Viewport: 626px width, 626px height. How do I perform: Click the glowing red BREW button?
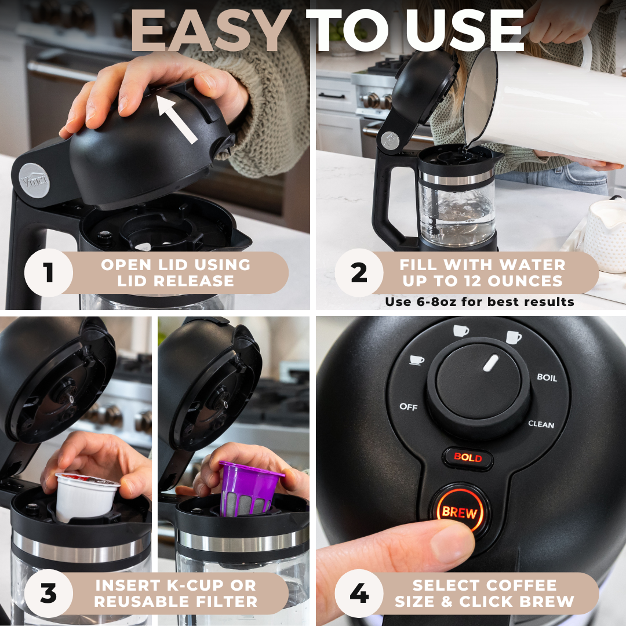click(x=460, y=512)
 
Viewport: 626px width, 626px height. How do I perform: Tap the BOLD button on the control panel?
click(x=468, y=457)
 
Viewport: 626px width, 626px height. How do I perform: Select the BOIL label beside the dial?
click(x=547, y=377)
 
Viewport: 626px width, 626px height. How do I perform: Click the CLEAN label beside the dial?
click(x=541, y=424)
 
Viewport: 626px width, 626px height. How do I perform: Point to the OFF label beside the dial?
click(x=409, y=407)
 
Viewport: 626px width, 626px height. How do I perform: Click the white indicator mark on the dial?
click(x=491, y=363)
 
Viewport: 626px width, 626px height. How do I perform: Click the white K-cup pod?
click(x=85, y=496)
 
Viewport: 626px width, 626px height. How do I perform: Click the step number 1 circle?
click(x=49, y=272)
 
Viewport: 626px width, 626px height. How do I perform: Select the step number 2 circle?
click(x=359, y=272)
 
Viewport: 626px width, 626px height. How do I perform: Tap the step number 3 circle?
click(x=49, y=594)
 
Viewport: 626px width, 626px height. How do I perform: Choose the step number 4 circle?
click(x=359, y=594)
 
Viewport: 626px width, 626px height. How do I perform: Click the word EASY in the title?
click(x=211, y=31)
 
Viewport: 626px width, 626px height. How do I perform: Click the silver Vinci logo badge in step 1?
click(x=34, y=180)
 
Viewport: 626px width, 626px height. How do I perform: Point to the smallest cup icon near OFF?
click(x=417, y=360)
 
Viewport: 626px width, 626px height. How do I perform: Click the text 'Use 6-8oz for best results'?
click(x=479, y=301)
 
